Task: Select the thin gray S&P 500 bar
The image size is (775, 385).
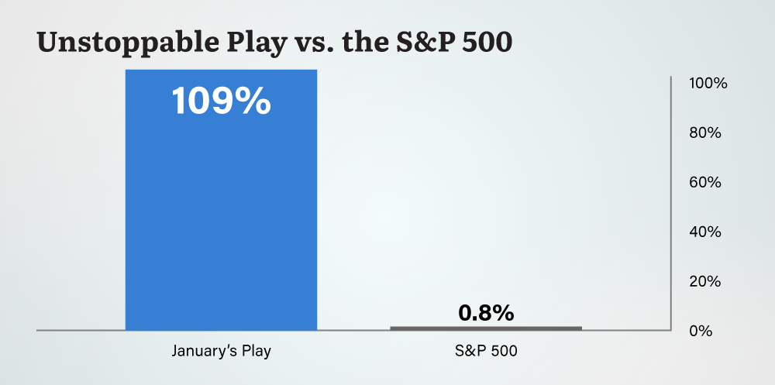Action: click(486, 328)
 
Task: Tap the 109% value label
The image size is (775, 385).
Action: click(221, 101)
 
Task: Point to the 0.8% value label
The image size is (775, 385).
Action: click(486, 313)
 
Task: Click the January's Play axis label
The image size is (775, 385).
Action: click(221, 351)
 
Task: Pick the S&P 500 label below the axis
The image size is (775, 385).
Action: click(486, 351)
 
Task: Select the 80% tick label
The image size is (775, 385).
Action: click(705, 133)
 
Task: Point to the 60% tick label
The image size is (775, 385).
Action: click(705, 183)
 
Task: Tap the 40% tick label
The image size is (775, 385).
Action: click(705, 232)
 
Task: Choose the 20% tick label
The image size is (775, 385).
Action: click(705, 281)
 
